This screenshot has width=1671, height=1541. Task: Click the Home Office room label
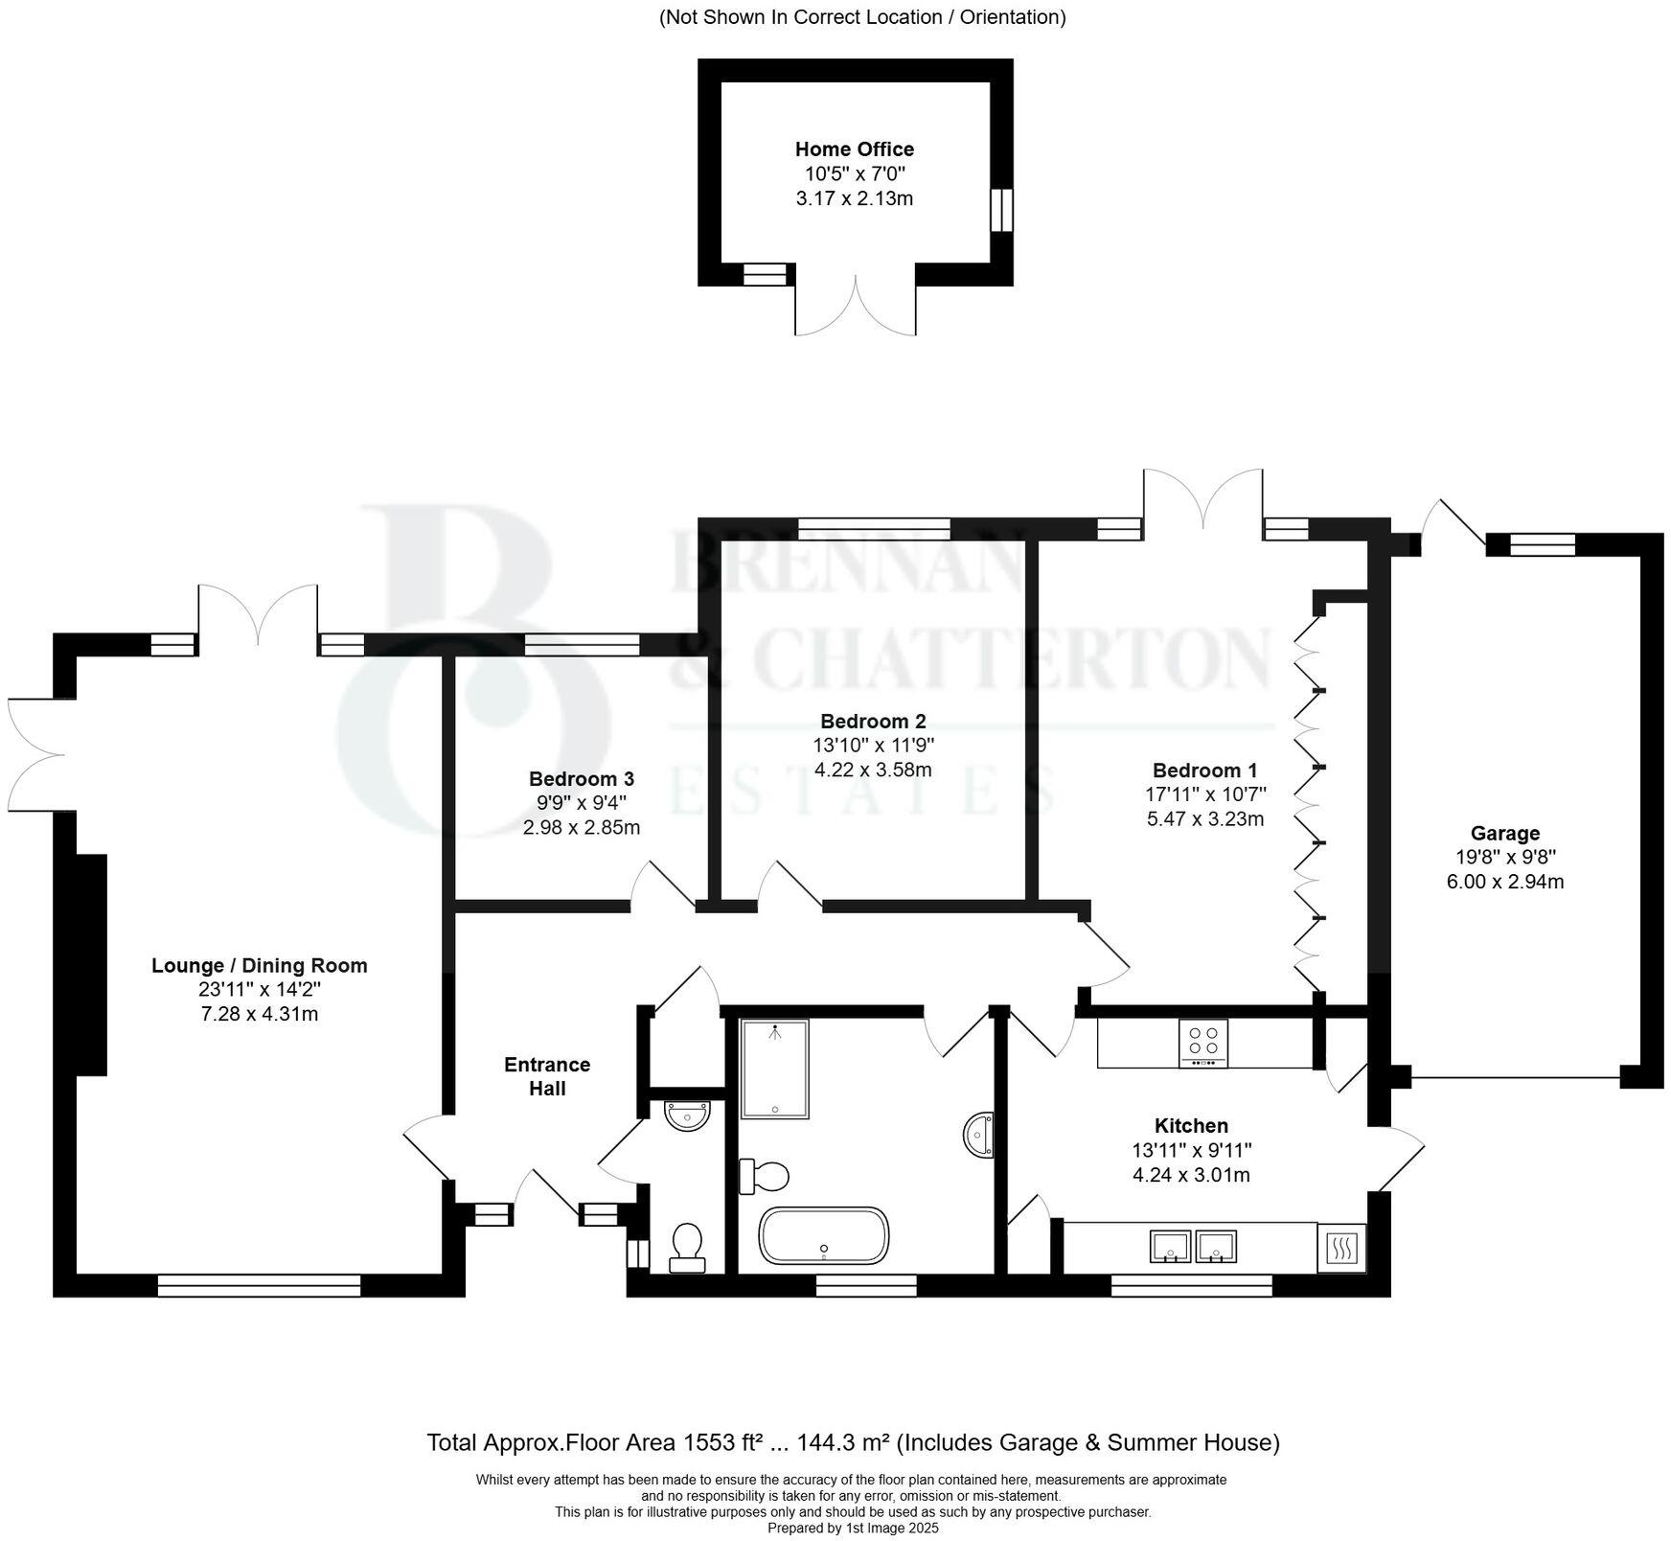coord(854,149)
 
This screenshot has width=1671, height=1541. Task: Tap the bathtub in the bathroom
coord(824,1233)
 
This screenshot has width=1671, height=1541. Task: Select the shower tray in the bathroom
coord(774,1069)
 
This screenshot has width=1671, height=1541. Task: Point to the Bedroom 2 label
coord(873,721)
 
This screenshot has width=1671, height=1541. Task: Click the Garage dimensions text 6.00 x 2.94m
coord(1504,882)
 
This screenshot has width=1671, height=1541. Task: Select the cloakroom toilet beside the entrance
coord(686,1247)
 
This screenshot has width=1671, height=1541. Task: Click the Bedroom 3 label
coord(581,779)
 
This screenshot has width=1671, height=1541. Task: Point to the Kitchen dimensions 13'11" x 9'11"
coord(1191,1150)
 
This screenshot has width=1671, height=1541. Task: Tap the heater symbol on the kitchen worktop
coord(1341,1248)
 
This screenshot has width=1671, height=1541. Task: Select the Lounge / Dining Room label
coord(259,965)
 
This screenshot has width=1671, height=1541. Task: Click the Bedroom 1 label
coord(1204,770)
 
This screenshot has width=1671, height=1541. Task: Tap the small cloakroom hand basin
coord(688,1115)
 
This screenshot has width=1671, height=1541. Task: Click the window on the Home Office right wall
coord(1000,209)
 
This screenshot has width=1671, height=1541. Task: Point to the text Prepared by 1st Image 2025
coord(853,1529)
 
